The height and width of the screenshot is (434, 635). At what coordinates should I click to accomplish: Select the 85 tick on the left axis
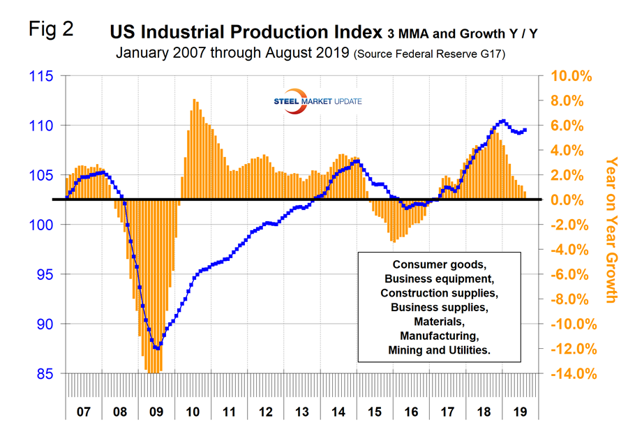coord(44,374)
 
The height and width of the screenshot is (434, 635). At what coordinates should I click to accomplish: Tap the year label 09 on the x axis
coord(156,412)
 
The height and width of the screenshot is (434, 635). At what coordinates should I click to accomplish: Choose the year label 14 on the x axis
coord(338,412)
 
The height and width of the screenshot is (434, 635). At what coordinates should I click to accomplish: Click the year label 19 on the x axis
coord(519,412)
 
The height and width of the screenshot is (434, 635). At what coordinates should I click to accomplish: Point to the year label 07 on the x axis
coord(84,412)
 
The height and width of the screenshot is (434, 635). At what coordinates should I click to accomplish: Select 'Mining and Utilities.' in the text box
coord(439,350)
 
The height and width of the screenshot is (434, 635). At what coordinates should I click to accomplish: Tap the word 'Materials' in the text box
coord(439,322)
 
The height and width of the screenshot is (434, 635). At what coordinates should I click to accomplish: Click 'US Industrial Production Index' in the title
coord(244,32)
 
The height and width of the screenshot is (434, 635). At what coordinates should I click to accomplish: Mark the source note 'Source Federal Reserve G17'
coord(431,53)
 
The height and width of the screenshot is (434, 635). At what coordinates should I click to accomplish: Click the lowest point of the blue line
coord(158,347)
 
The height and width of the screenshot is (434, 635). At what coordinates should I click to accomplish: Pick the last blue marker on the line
coord(525,130)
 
